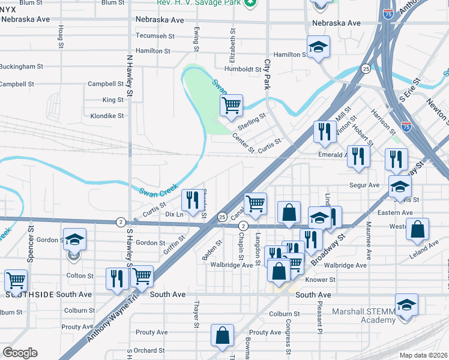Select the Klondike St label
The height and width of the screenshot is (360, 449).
click(x=107, y=116)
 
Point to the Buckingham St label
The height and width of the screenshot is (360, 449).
click(x=21, y=66)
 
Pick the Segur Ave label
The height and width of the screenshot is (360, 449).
click(x=364, y=185)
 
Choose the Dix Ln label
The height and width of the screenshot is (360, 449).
click(x=173, y=214)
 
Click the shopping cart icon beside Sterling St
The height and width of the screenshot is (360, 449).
click(x=231, y=106)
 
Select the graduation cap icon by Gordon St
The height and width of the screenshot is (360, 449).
click(x=74, y=240)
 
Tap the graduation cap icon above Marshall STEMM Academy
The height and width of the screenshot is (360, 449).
click(x=406, y=304)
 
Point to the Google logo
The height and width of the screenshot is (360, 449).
click(x=20, y=353)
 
